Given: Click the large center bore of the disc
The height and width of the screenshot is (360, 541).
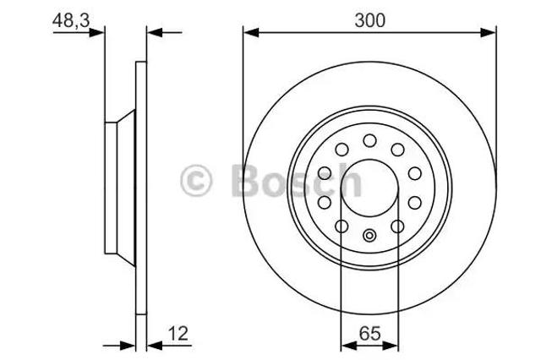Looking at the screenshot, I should click(369, 186).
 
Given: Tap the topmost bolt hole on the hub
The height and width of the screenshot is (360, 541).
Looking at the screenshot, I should click(369, 140).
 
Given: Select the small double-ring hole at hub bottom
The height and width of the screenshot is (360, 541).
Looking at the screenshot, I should click(369, 236).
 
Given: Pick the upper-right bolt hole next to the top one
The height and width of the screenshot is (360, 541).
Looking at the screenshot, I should click(396, 150).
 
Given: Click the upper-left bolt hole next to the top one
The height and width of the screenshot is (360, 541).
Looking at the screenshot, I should click(342, 150).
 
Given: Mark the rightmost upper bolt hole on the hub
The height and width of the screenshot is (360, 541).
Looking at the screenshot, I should click(414, 172).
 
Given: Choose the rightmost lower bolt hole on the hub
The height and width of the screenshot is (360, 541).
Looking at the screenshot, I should click(414, 202).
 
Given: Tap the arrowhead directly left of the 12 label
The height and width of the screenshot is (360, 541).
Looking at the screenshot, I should click(153, 344).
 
